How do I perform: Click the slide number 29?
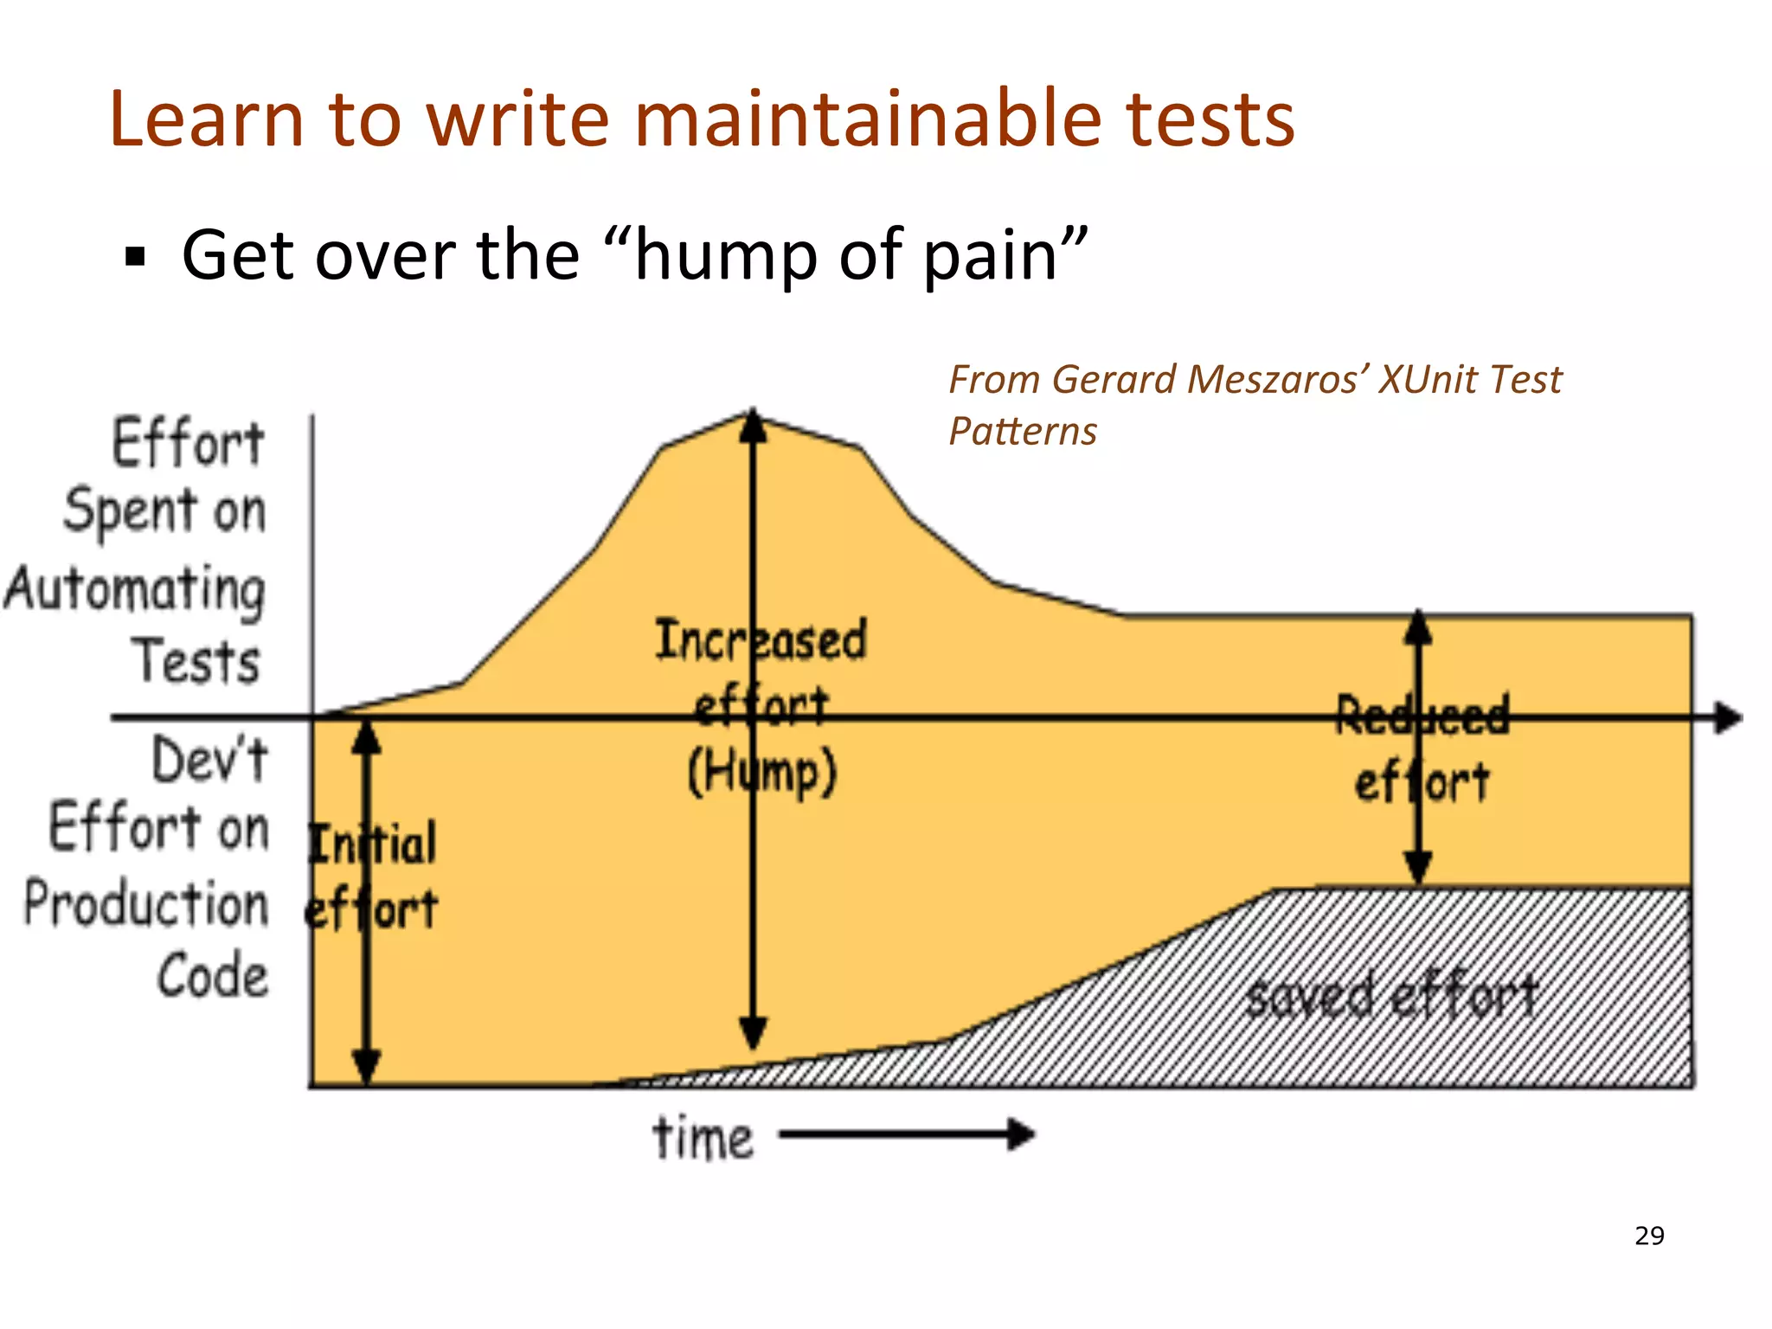click(1649, 1236)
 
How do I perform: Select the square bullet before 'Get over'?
click(135, 257)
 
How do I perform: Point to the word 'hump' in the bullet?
click(725, 257)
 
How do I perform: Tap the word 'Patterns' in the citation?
click(1023, 431)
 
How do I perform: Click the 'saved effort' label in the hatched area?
click(1391, 995)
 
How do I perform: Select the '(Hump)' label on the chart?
click(761, 772)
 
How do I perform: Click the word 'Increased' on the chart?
click(761, 640)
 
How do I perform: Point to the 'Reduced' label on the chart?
click(1422, 716)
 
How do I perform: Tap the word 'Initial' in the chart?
click(373, 844)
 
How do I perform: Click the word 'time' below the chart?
click(703, 1138)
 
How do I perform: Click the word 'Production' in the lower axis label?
click(146, 904)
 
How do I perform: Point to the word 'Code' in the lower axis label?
click(213, 976)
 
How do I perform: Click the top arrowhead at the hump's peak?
click(753, 426)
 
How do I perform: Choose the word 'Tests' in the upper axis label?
click(196, 662)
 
